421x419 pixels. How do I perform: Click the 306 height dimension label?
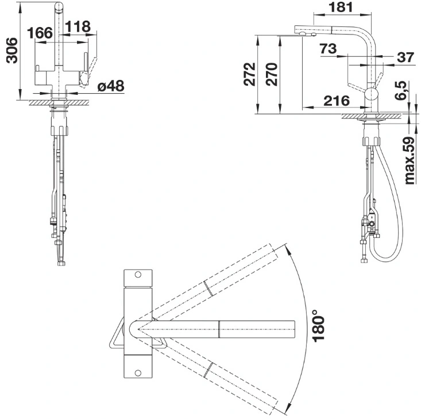12,51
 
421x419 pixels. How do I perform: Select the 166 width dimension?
40,33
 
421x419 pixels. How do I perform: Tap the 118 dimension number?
78,26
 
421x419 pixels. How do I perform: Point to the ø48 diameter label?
111,86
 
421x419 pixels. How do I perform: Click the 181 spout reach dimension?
341,7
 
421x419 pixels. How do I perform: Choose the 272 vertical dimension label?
250,74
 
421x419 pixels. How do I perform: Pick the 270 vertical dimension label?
272,74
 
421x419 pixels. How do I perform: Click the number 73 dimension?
328,49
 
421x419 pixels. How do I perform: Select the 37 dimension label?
405,57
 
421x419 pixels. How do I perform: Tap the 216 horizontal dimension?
337,101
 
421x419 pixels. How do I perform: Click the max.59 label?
410,160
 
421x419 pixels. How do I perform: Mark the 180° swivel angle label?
319,325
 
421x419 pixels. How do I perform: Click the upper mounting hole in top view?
138,275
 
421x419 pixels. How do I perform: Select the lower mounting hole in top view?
138,373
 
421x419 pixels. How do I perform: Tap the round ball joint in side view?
372,94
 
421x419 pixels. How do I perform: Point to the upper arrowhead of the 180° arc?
288,248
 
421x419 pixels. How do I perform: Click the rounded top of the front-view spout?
59,6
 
